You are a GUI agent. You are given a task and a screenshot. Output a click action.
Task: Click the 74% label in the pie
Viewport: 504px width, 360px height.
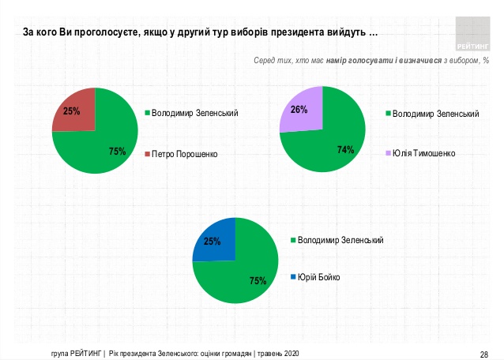344,150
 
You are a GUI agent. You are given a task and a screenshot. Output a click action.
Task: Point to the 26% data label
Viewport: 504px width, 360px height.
299,110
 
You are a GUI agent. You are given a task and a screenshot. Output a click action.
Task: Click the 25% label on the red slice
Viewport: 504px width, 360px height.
71,111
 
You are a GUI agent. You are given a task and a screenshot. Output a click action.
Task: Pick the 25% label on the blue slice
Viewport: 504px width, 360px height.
212,242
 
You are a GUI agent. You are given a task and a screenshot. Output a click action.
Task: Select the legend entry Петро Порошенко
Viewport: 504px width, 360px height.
184,153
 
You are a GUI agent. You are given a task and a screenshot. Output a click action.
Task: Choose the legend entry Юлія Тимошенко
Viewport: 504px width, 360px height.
424,153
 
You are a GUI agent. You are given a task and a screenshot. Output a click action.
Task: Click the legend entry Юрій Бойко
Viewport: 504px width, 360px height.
325,277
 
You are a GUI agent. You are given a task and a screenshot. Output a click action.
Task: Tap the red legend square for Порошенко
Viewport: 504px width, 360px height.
147,153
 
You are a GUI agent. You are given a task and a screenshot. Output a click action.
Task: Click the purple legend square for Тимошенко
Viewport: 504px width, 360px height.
387,153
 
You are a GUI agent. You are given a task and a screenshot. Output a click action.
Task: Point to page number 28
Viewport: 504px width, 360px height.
484,352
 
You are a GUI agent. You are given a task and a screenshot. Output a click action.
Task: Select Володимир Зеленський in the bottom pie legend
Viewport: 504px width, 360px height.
340,239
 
